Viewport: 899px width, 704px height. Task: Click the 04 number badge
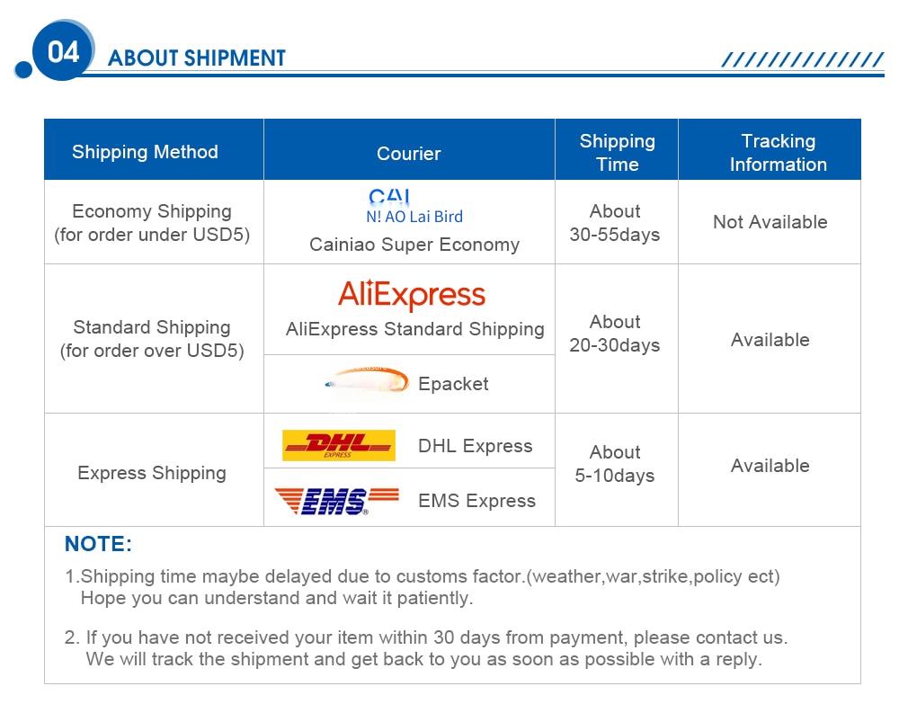pos(63,51)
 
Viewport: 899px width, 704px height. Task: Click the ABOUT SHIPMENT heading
pos(197,58)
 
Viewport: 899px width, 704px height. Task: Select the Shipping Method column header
pos(145,152)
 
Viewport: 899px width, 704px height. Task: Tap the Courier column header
pos(409,154)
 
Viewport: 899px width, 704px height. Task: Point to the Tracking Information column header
pos(778,153)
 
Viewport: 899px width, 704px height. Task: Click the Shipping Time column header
pos(617,153)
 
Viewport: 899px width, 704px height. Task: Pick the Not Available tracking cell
pos(770,222)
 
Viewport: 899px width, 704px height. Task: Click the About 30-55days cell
pos(615,222)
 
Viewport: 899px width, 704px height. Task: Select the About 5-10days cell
pos(615,464)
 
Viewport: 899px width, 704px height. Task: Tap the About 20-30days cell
pos(615,333)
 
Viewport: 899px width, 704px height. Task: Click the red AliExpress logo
pos(412,295)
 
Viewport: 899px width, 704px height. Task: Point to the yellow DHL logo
pos(339,445)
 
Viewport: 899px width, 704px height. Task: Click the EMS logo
pos(336,501)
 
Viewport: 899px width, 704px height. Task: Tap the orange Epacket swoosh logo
pos(367,380)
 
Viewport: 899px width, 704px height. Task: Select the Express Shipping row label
pos(152,473)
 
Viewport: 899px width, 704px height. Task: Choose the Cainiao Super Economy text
pos(414,245)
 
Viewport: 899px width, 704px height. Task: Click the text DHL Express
pos(476,446)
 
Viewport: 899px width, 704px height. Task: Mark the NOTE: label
pos(98,543)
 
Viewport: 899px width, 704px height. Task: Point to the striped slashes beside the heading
pos(803,59)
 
